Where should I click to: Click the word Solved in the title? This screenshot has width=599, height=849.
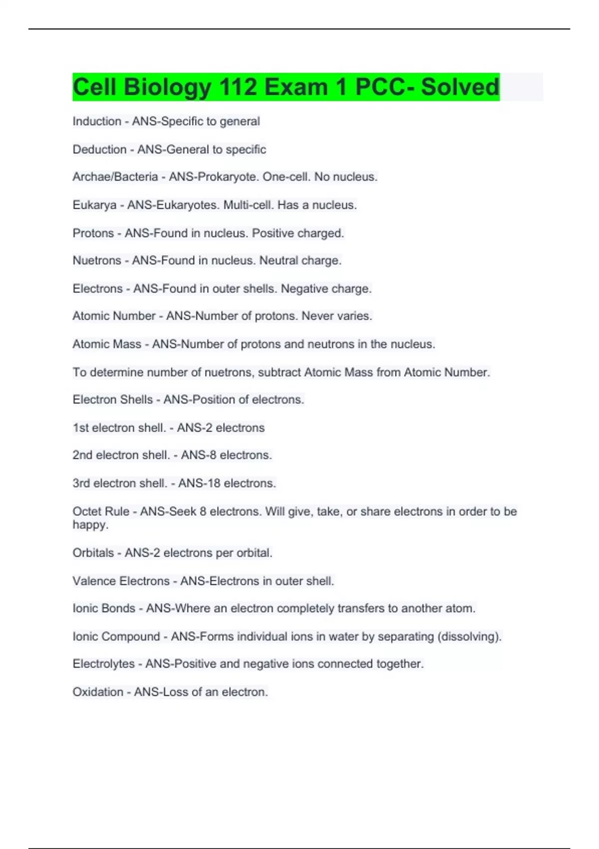click(x=460, y=87)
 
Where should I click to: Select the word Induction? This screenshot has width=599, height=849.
click(x=97, y=121)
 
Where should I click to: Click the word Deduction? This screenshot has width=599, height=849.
click(x=99, y=149)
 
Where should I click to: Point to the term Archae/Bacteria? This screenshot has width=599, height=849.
click(x=115, y=177)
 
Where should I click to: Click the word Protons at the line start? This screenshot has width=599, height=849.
click(x=93, y=233)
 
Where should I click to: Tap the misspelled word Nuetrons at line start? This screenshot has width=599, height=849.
click(x=97, y=260)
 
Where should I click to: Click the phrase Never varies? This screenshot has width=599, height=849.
click(x=337, y=316)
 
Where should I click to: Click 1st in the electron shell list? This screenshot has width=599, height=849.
click(x=80, y=427)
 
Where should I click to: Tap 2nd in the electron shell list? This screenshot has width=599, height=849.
click(x=82, y=455)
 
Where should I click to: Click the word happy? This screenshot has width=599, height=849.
click(x=90, y=525)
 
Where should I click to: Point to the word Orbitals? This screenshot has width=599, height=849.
click(x=93, y=553)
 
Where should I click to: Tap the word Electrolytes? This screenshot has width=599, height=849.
click(x=103, y=664)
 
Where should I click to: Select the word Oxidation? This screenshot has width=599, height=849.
click(x=98, y=692)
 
